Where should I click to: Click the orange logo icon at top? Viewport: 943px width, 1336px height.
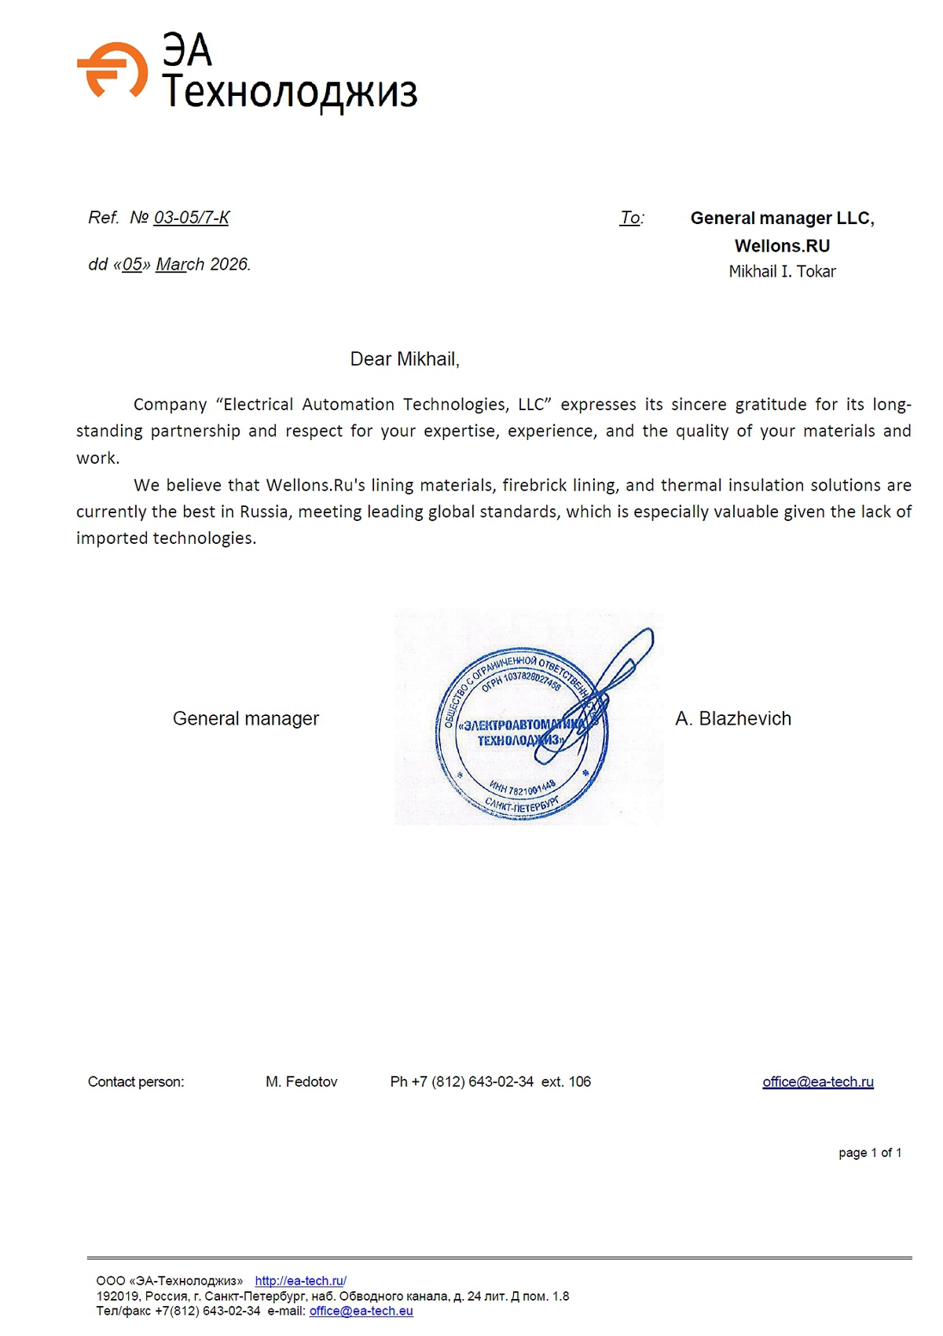[x=112, y=70]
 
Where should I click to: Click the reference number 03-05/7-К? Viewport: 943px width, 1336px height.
[x=191, y=218]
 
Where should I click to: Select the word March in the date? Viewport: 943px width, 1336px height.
[x=180, y=265]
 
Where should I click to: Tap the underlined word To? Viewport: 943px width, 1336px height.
[x=630, y=218]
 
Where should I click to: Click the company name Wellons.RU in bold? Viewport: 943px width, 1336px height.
[x=782, y=246]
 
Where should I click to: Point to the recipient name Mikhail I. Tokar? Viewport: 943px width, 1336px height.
[x=782, y=272]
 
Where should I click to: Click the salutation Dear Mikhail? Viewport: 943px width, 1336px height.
[x=405, y=359]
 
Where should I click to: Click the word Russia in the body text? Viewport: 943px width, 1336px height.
[x=264, y=512]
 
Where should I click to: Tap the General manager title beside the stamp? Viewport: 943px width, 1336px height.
[x=246, y=718]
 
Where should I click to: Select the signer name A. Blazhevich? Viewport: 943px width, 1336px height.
[x=733, y=718]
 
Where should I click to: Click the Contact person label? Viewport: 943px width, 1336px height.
[x=136, y=1082]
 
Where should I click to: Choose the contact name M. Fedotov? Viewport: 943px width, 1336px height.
[x=302, y=1082]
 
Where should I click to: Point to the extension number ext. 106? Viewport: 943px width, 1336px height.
[x=566, y=1082]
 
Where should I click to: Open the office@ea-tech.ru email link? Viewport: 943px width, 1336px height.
[x=818, y=1082]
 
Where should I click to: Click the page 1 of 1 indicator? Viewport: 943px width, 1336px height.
[x=870, y=1153]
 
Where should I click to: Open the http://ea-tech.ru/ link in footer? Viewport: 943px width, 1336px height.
[x=300, y=1281]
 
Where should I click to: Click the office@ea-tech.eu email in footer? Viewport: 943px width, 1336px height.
[x=361, y=1311]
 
